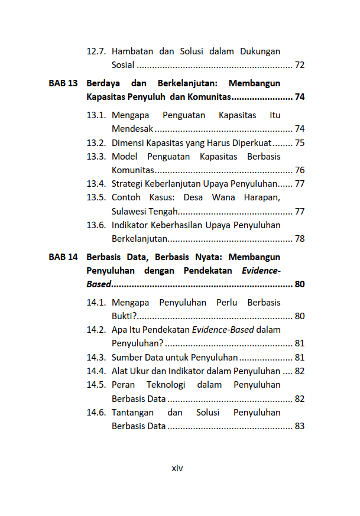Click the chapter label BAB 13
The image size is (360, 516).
(x=63, y=83)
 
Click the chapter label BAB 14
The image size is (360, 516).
(x=63, y=257)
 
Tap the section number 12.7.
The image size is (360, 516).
(x=96, y=51)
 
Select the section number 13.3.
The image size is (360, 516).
(x=96, y=157)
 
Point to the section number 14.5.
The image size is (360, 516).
(x=96, y=385)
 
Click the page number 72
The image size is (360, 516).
(x=300, y=65)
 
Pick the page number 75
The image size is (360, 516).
(x=300, y=143)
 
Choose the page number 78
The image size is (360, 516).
(x=300, y=239)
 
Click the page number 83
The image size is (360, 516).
(x=300, y=426)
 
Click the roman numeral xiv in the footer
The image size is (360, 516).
(x=177, y=468)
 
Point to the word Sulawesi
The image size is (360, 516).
(x=128, y=212)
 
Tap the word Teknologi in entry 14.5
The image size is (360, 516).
(x=166, y=385)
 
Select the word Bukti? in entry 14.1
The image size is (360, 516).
(x=124, y=316)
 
